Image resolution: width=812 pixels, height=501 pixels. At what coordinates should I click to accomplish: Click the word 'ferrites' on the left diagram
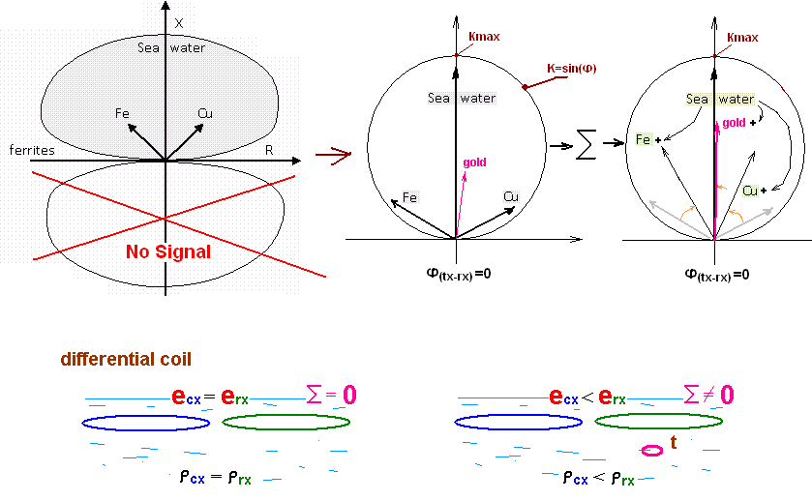point(31,151)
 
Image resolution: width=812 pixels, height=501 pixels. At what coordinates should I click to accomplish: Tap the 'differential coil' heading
point(126,359)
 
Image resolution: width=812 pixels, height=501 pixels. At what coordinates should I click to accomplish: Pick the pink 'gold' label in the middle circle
point(474,162)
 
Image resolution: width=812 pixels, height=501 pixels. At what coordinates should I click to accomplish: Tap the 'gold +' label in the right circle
point(738,123)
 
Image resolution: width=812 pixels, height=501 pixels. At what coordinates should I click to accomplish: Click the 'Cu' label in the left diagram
point(204,113)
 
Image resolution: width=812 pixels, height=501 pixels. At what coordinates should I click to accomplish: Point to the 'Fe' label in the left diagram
point(123,113)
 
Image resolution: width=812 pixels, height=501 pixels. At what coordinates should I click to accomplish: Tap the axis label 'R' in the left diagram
point(269,150)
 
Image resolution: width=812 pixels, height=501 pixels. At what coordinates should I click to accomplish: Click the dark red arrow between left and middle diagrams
point(331,155)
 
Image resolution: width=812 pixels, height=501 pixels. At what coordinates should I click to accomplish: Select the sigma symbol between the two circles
point(586,147)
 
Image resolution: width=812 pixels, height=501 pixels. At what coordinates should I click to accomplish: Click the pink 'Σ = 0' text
point(331,395)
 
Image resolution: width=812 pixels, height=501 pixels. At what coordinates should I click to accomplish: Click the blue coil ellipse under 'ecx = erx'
point(146,423)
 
